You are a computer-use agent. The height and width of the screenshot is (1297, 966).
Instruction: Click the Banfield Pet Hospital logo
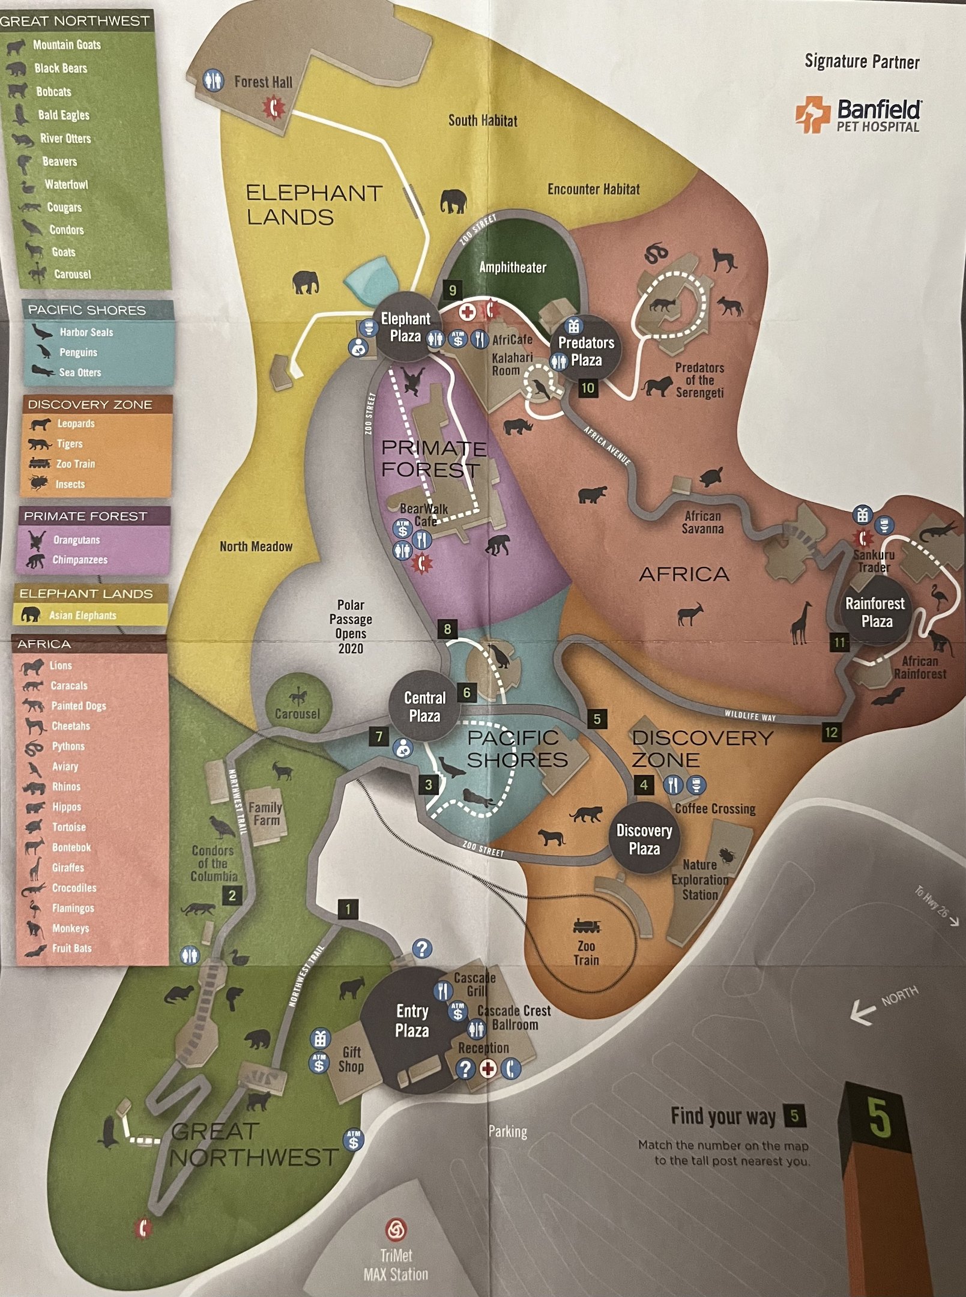857,115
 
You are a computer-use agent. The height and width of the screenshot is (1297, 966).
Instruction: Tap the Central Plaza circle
424,706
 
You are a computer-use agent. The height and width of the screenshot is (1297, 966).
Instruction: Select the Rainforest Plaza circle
877,612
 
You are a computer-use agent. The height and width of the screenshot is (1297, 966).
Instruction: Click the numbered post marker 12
831,732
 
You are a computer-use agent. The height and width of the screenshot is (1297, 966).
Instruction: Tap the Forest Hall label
263,82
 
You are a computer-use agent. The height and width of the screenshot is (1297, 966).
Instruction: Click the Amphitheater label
513,267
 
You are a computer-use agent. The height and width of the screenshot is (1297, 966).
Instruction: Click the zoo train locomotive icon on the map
585,925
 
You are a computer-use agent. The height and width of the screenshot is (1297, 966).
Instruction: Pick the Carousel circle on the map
297,704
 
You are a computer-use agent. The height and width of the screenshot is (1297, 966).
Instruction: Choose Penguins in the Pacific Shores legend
78,352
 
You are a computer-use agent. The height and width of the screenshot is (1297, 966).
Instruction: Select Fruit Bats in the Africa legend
71,949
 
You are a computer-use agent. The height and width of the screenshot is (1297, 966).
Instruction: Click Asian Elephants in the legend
82,615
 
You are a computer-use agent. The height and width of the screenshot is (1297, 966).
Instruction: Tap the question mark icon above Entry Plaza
423,949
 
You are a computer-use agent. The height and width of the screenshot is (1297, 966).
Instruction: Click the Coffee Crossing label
714,809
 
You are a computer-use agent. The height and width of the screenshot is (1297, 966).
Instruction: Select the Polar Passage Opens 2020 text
351,626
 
